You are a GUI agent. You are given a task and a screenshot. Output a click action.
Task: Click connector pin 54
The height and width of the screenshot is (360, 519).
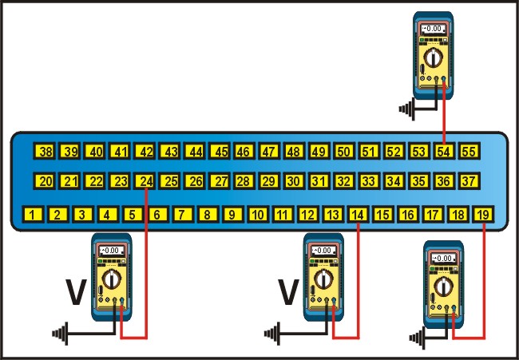(443, 151)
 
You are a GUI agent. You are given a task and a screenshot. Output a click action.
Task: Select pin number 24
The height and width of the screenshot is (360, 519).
(145, 181)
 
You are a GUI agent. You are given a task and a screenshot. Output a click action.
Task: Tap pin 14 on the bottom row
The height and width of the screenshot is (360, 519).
(358, 214)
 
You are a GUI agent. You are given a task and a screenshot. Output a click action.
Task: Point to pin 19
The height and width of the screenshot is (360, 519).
(483, 214)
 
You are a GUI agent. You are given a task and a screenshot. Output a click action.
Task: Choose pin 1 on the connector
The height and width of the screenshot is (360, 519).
(33, 214)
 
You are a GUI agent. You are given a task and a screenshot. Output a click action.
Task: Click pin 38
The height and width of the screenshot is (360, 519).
(45, 151)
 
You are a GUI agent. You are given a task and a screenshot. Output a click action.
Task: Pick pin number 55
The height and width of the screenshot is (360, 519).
(469, 151)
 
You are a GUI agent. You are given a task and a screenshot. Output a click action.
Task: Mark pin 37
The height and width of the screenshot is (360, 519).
(469, 181)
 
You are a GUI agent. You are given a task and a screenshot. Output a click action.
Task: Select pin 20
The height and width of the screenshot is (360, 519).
(45, 181)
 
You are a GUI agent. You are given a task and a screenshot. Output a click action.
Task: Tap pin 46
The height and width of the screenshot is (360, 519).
(244, 151)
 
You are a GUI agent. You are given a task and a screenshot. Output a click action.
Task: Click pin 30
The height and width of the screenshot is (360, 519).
(294, 181)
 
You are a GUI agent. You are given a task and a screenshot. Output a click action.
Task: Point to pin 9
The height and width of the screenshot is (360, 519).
(232, 214)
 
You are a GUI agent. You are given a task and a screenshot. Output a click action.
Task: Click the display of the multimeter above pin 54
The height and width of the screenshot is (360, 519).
(433, 29)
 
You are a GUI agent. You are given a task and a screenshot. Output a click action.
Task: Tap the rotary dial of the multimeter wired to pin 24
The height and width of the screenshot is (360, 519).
(112, 279)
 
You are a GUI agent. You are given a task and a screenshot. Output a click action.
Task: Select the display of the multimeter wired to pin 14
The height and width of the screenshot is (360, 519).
(323, 251)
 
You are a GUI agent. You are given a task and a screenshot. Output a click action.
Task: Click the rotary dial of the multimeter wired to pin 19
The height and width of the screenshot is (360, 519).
(443, 287)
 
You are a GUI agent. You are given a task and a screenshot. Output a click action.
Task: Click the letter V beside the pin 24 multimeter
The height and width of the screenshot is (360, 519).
(76, 292)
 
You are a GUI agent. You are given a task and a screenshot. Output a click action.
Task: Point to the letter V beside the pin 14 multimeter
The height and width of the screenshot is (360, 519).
(288, 292)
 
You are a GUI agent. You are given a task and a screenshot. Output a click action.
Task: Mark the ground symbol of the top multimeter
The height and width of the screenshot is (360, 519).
(406, 109)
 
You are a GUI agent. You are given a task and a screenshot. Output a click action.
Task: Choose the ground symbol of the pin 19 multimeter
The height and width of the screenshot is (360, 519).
(417, 338)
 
